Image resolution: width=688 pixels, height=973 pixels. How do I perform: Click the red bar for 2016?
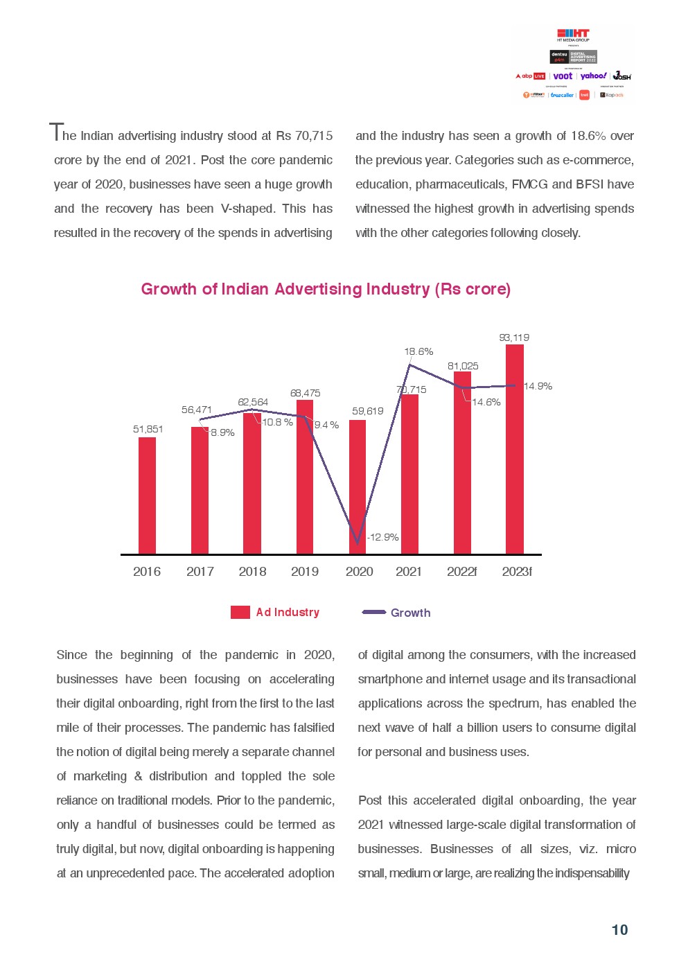point(147,495)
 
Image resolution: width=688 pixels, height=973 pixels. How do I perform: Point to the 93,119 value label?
point(514,338)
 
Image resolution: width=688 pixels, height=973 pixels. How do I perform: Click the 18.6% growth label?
point(418,351)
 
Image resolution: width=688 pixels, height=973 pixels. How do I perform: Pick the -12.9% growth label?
point(383,537)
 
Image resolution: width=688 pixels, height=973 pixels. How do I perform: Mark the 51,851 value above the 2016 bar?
point(148,429)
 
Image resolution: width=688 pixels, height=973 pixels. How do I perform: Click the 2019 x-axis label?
point(305,572)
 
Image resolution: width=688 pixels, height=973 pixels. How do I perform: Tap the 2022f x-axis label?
point(461,572)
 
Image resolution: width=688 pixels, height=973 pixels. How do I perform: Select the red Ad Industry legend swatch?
point(240,612)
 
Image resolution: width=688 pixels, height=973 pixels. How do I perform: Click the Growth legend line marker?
point(374,612)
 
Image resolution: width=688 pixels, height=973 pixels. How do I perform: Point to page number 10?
point(619,930)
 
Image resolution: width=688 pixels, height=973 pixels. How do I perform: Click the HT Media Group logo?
point(573,35)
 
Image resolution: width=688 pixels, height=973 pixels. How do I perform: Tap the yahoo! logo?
point(593,76)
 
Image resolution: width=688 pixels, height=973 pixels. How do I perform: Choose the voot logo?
point(563,76)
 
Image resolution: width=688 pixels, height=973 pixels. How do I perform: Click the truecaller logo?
point(562,95)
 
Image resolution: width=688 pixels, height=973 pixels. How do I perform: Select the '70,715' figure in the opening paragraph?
point(314,136)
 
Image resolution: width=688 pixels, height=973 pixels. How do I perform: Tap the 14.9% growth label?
point(538,386)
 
